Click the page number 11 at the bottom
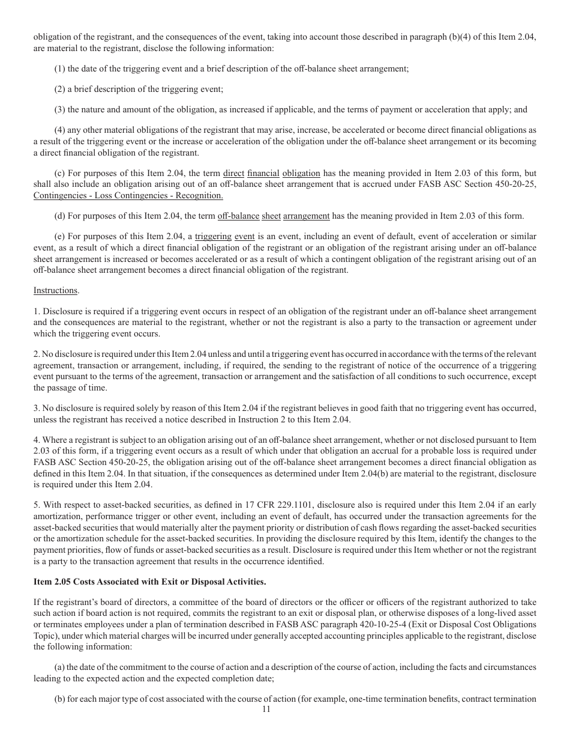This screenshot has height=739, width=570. click(x=267, y=709)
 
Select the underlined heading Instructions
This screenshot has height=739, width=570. click(x=55, y=290)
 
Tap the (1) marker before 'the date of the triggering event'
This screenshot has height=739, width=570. click(x=60, y=68)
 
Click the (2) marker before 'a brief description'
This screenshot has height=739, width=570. click(x=60, y=89)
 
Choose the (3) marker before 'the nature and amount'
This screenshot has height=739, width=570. click(x=60, y=109)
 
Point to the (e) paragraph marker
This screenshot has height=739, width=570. click(x=60, y=236)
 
